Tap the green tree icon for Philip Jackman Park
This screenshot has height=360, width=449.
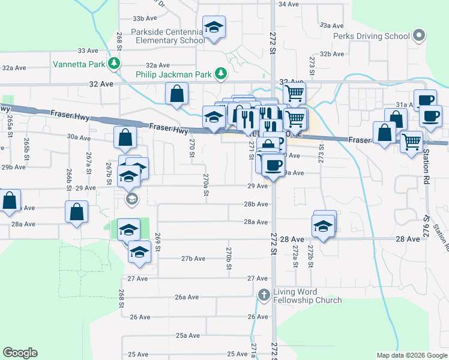pos(221,74)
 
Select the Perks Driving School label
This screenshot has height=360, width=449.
pos(372,36)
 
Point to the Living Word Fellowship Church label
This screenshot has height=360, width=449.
pos(307,296)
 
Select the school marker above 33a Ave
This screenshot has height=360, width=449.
pos(214,28)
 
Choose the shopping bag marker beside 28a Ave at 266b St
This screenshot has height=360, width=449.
pos(76,212)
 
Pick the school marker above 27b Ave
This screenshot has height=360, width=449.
pos(139,252)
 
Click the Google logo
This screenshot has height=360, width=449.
pos(20,353)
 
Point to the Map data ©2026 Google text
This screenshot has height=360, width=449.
pos(412,356)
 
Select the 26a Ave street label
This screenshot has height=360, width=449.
pos(187,297)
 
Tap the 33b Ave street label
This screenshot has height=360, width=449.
pos(144,19)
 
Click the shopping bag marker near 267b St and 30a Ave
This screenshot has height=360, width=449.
pos(124,138)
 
